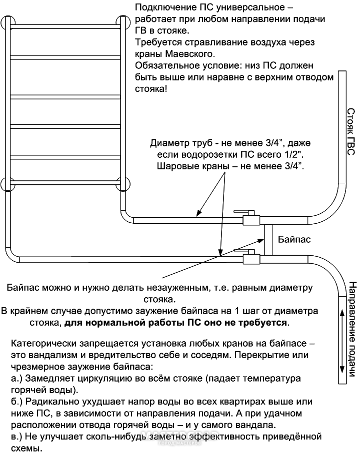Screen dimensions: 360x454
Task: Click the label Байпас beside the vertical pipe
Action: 294,239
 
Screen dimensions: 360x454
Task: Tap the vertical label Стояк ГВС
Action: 351,132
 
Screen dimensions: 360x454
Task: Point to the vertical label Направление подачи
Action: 351,329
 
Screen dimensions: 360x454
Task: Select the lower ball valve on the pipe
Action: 250,257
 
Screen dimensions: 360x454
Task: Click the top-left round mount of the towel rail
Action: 8,22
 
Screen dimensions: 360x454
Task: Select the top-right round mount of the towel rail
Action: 123,22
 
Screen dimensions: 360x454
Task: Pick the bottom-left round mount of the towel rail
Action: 8,184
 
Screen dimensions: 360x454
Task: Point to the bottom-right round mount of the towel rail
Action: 123,184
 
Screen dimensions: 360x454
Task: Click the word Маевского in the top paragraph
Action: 190,54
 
